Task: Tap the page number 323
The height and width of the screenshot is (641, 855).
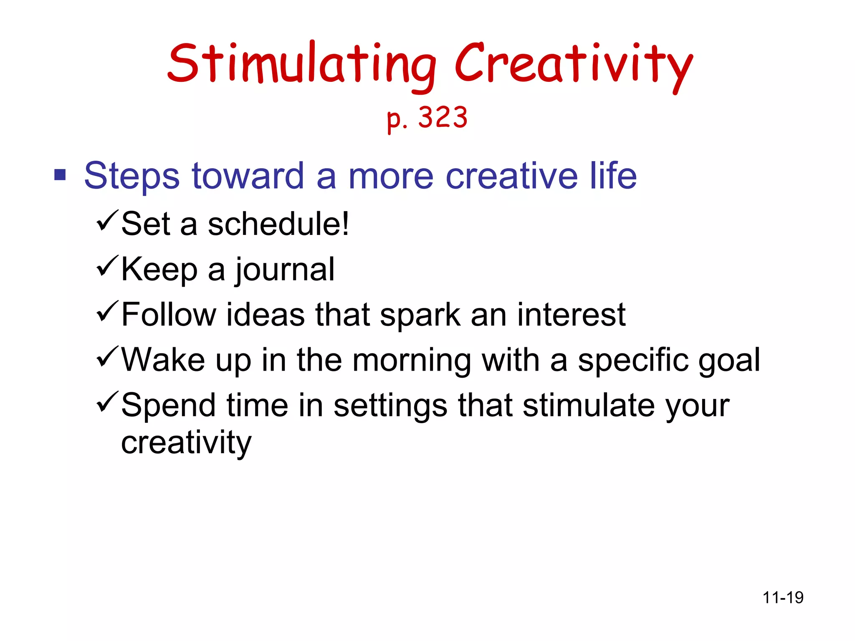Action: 443,118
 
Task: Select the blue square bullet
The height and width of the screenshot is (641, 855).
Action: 60,175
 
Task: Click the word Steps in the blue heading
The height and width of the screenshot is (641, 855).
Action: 132,177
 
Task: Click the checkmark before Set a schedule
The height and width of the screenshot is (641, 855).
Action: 107,221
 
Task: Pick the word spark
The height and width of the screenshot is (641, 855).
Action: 420,315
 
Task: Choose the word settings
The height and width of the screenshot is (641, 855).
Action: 390,406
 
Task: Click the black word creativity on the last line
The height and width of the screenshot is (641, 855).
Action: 186,443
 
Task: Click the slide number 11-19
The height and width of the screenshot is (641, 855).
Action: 783,598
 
